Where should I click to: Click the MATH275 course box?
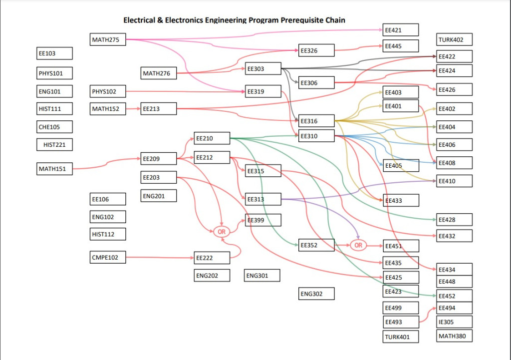pos(108,39)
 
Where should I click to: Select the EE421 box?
pos(400,30)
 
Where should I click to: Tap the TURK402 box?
pos(454,40)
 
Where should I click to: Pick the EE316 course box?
pos(316,121)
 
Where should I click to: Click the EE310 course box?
pos(316,136)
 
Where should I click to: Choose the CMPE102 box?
pos(108,258)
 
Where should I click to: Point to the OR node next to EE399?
pos(222,232)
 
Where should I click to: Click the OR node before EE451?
pos(358,245)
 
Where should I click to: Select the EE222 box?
pos(212,258)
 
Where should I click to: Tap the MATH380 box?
pos(454,336)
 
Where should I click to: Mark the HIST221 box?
pos(55,145)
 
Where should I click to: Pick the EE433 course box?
pos(400,200)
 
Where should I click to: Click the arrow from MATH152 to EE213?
pos(133,108)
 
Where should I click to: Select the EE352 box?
pos(316,245)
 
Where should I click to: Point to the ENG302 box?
pos(316,294)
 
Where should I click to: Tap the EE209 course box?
pos(158,159)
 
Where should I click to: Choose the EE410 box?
pos(454,181)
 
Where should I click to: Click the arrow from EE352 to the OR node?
pos(342,245)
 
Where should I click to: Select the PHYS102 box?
pos(108,91)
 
